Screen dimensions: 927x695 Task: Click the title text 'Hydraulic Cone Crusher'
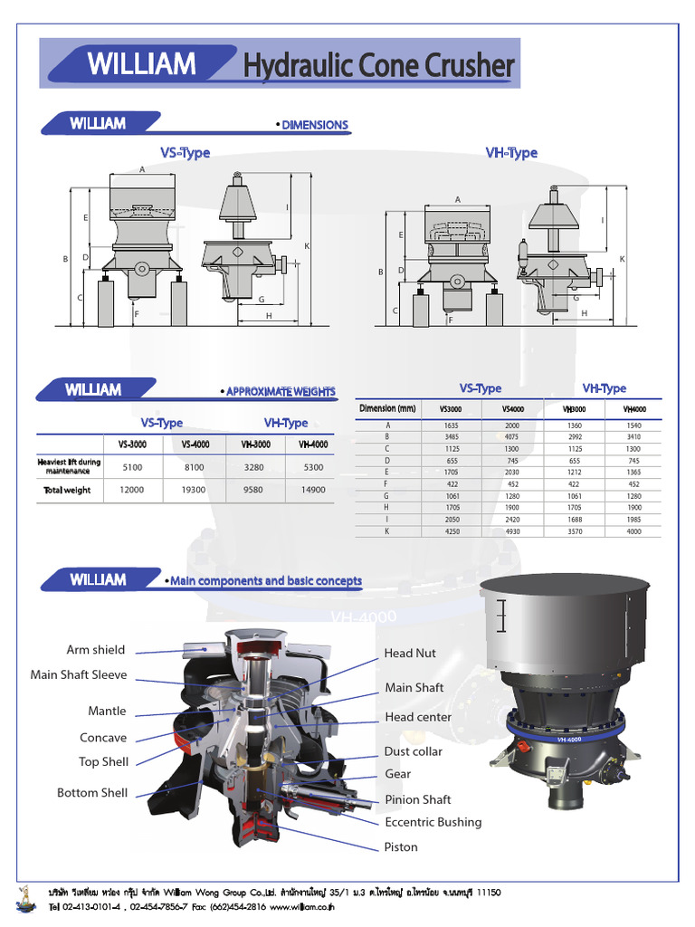point(378,65)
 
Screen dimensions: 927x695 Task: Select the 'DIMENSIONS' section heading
point(314,125)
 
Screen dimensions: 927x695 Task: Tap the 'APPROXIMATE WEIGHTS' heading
point(280,391)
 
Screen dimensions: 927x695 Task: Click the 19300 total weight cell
point(194,490)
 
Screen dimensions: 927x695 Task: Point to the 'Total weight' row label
point(67,490)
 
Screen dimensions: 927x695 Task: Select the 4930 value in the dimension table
point(513,531)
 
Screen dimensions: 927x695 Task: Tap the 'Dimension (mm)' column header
point(387,409)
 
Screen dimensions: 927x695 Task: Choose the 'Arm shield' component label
point(96,650)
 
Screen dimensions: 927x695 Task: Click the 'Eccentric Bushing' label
point(433,822)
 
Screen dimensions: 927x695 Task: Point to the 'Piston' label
point(401,847)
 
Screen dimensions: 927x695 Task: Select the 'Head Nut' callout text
point(410,653)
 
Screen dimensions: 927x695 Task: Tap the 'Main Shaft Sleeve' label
point(79,674)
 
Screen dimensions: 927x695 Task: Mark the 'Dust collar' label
point(414,751)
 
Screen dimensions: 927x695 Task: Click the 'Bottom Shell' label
point(92,793)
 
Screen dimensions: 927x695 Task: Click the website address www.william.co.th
point(301,907)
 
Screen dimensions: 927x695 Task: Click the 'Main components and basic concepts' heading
point(265,581)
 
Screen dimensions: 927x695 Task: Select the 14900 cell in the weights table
point(312,490)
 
